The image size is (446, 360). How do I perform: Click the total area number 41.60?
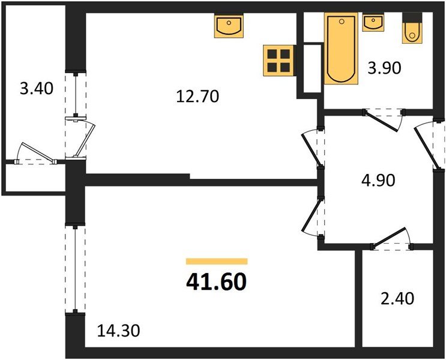[x=216, y=281]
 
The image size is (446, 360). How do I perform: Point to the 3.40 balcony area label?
[x=37, y=89]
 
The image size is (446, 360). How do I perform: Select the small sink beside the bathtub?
[x=373, y=23]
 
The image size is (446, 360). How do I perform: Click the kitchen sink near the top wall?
[x=228, y=26]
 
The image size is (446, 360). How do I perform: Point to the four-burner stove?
[x=279, y=61]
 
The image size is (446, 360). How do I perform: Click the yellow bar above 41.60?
[x=216, y=261]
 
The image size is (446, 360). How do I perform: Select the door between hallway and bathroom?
[x=385, y=118]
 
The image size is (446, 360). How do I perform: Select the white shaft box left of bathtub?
[x=313, y=68]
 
